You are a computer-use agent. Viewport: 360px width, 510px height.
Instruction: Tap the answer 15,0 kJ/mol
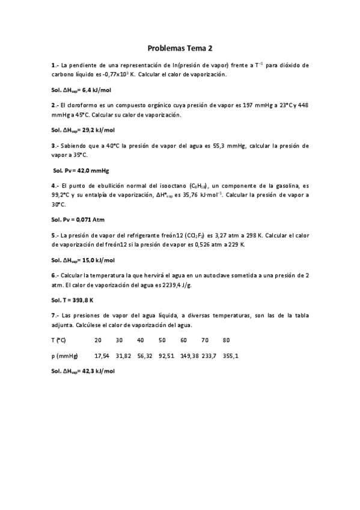tap(97, 260)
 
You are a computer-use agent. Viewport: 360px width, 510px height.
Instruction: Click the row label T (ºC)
tap(59, 340)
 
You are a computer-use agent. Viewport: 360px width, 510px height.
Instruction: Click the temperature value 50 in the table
tap(162, 340)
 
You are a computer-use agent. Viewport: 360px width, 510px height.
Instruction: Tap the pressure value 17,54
tap(102, 355)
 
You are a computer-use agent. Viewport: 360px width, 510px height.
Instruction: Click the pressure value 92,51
tap(166, 355)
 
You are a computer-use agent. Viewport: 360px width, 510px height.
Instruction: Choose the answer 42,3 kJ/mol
tap(97, 371)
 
